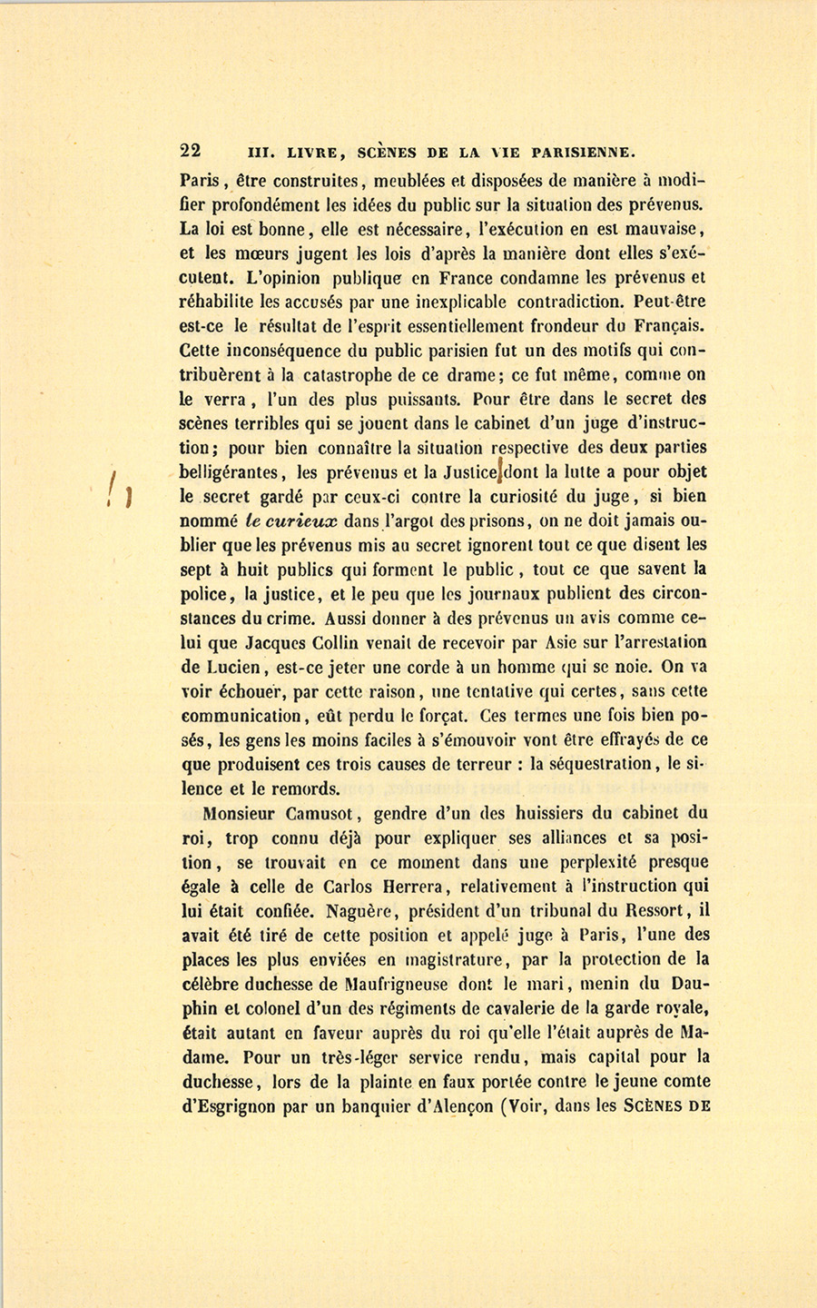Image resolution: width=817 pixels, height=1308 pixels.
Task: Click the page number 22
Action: click(x=191, y=151)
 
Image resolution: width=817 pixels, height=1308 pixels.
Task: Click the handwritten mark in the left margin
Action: click(x=120, y=490)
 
